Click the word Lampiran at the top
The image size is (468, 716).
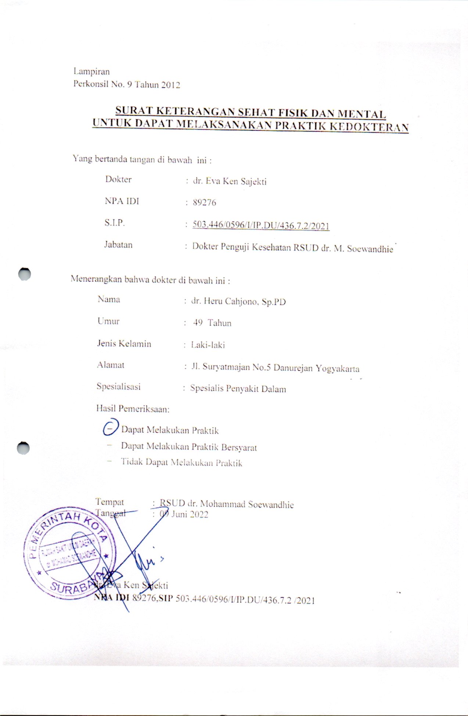point(91,71)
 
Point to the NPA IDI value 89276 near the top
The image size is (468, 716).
point(204,202)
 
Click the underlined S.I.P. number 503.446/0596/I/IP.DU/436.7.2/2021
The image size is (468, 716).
point(261,226)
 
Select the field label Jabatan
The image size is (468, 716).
point(118,245)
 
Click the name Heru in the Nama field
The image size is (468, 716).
point(213,302)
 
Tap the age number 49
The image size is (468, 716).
point(198,323)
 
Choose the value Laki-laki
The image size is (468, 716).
point(208,345)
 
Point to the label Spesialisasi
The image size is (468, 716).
point(119,386)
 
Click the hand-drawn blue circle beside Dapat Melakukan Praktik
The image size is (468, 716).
point(110,427)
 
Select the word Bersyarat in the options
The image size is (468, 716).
point(239,447)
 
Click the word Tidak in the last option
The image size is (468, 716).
point(132,462)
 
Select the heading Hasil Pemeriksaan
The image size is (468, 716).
point(133,409)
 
